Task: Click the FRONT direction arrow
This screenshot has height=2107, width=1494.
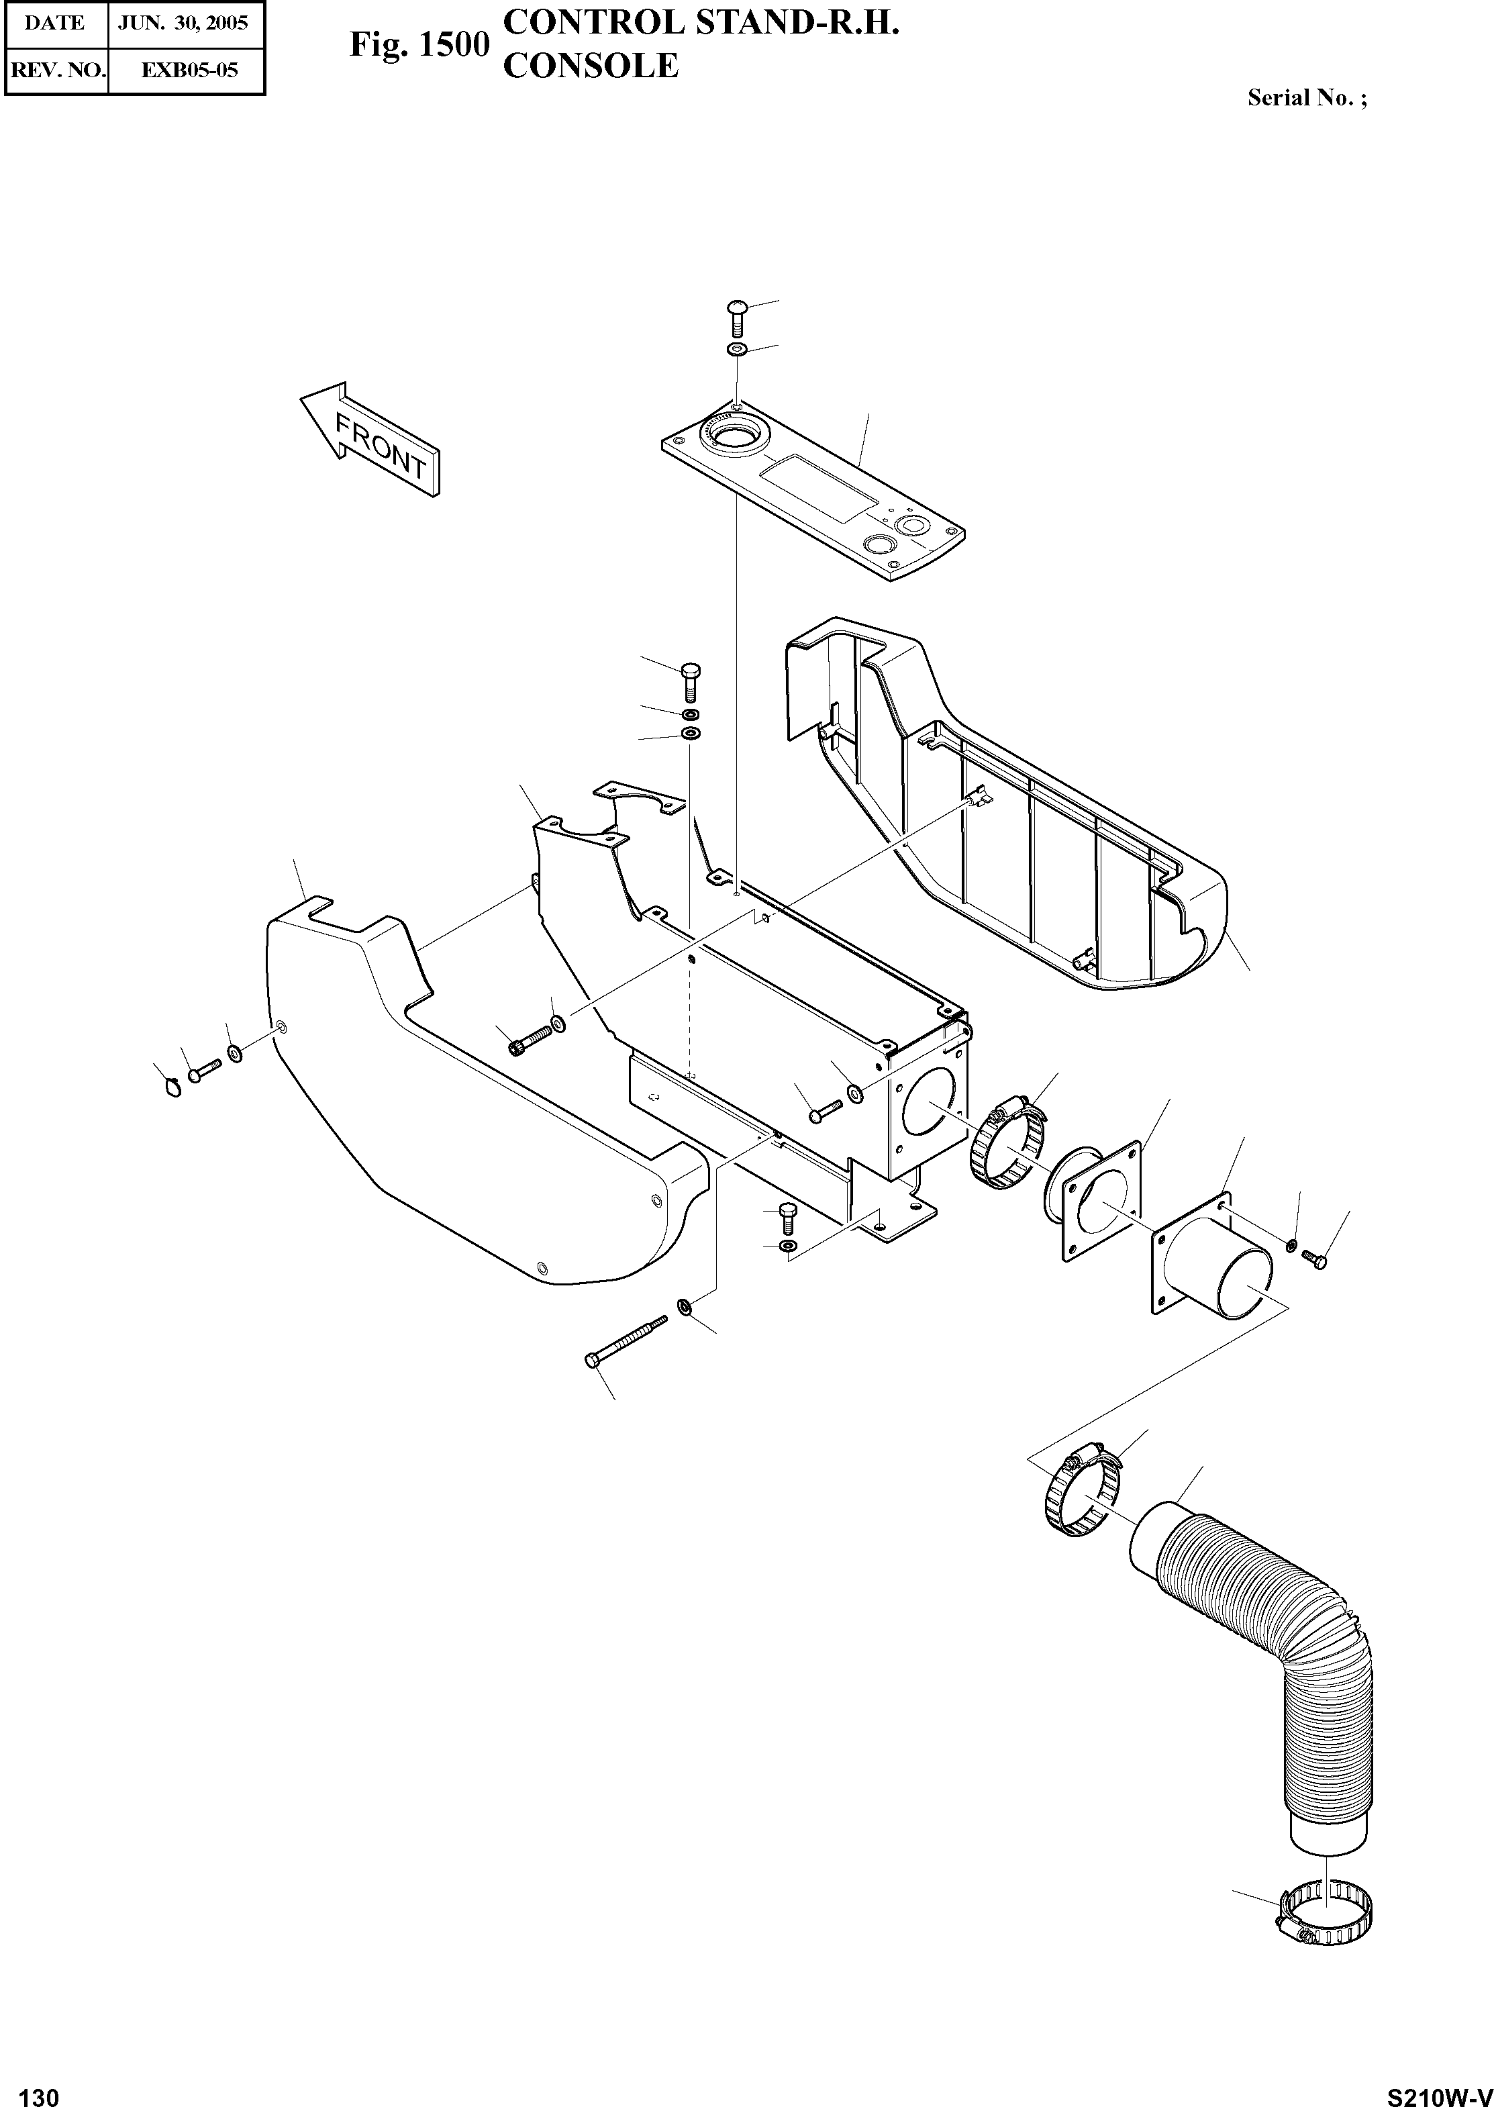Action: (370, 439)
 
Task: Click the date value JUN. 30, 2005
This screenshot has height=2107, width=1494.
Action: (186, 23)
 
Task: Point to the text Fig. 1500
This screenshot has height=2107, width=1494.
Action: (419, 45)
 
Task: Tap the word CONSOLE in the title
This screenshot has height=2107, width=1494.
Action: (591, 65)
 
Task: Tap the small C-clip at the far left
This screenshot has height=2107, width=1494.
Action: (171, 1089)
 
